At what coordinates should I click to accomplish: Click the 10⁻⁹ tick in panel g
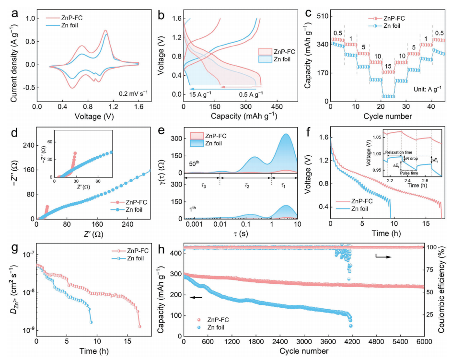click(24, 330)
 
